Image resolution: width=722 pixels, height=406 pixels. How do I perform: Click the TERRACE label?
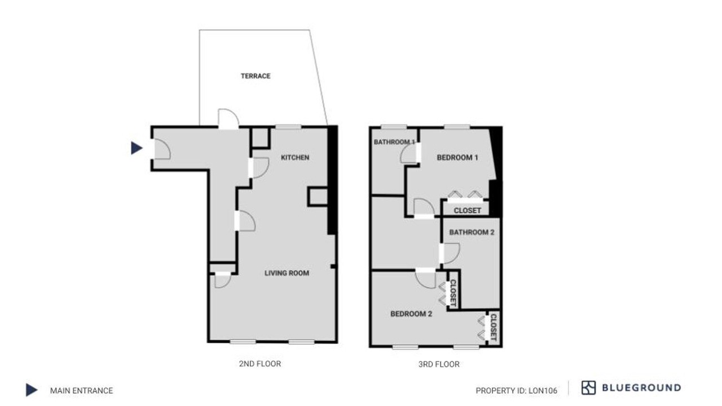click(x=256, y=76)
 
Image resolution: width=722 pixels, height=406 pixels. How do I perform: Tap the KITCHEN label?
click(x=295, y=157)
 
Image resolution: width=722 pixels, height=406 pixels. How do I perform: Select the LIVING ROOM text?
click(x=287, y=273)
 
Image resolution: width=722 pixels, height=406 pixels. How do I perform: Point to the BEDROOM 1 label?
click(x=457, y=157)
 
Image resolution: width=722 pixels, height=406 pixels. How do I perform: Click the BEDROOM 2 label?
click(x=411, y=314)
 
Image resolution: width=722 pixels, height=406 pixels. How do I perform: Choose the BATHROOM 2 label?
click(x=472, y=232)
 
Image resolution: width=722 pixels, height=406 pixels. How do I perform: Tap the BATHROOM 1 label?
click(x=394, y=142)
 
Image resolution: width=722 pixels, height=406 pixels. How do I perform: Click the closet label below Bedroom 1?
click(x=467, y=211)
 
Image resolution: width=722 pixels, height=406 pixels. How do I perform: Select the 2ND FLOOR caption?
click(x=260, y=364)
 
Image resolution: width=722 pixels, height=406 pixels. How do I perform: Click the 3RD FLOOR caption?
click(x=439, y=364)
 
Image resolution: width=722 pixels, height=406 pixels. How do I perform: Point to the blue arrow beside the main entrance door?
click(x=137, y=148)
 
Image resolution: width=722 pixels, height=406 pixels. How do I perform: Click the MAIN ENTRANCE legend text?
click(x=81, y=391)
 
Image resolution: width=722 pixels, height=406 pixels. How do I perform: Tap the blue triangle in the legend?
click(x=31, y=390)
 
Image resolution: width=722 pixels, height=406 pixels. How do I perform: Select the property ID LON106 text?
click(x=516, y=391)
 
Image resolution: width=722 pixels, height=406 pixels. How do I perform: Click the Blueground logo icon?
click(x=588, y=387)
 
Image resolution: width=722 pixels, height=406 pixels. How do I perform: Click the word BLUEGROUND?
click(x=641, y=387)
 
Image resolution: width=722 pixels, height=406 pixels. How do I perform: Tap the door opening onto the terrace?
click(x=228, y=118)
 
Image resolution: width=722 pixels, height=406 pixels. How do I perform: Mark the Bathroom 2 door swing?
click(x=450, y=253)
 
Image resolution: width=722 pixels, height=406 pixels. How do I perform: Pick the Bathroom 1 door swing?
click(x=410, y=153)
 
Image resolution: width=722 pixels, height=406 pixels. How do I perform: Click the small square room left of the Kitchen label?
click(x=261, y=138)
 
